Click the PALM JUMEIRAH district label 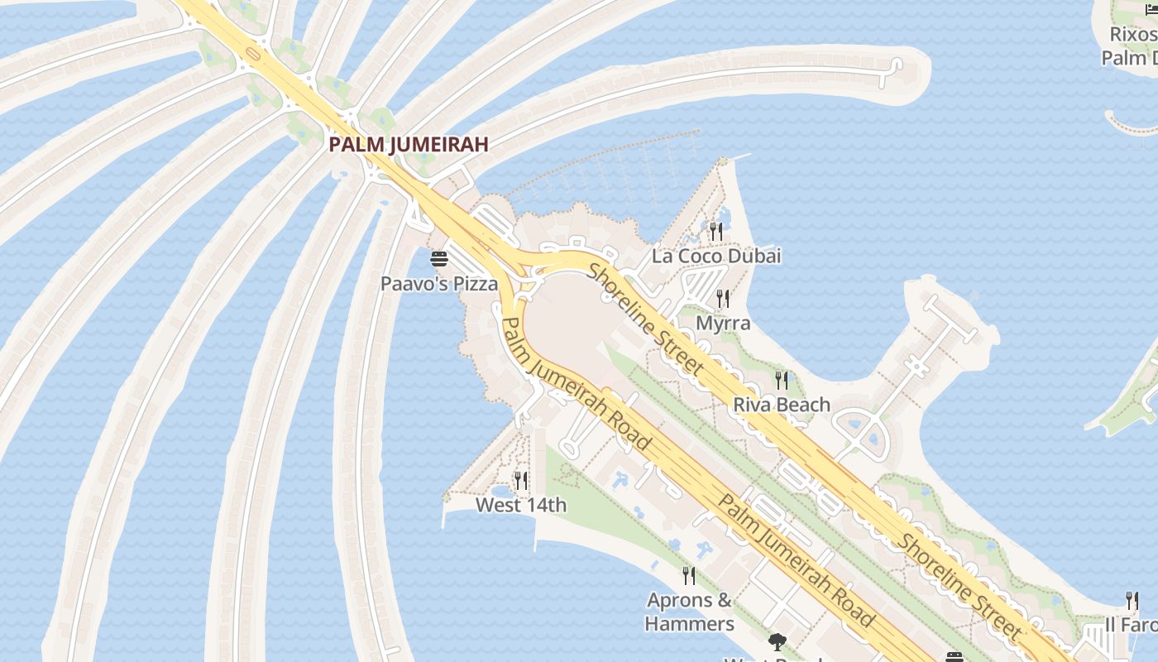[x=408, y=144]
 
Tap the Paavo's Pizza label [x=439, y=284]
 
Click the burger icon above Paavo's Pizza [x=439, y=259]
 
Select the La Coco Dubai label [x=716, y=256]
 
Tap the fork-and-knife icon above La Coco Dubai [x=716, y=231]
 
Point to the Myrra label [x=723, y=323]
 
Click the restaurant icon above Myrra [x=723, y=298]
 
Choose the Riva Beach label [x=782, y=405]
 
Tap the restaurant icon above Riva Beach [x=782, y=380]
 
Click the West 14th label [x=521, y=505]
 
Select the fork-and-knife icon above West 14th [x=521, y=480]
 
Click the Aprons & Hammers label [x=690, y=612]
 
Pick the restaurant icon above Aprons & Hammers [x=689, y=575]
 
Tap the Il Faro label [x=1132, y=624]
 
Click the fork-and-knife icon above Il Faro [x=1132, y=600]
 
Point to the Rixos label [x=1132, y=35]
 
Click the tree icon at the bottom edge [x=777, y=640]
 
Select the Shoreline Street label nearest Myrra [x=646, y=318]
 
